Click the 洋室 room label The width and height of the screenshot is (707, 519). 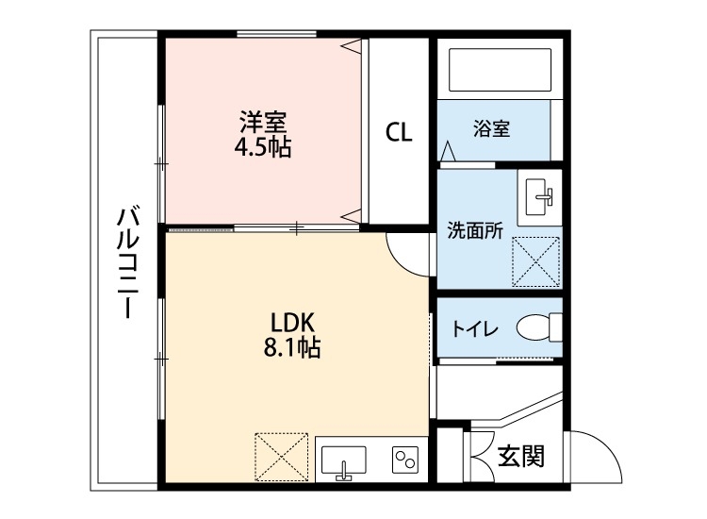click(x=263, y=122)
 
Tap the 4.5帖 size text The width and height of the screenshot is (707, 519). click(x=263, y=146)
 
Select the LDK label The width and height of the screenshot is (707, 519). click(x=291, y=323)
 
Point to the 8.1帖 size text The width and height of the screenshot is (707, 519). click(x=291, y=347)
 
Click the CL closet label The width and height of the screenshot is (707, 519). click(x=399, y=132)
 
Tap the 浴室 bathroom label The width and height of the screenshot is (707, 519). click(x=491, y=128)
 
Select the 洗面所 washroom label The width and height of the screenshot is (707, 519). click(x=475, y=230)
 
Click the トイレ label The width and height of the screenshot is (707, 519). click(x=475, y=328)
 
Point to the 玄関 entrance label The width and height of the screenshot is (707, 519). click(x=520, y=456)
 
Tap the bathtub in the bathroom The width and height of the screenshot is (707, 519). click(x=500, y=69)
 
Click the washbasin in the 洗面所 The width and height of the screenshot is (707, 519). click(x=539, y=197)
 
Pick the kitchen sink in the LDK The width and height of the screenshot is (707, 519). click(x=343, y=462)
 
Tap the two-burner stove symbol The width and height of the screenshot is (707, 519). click(x=405, y=460)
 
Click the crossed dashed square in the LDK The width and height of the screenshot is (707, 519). click(x=281, y=457)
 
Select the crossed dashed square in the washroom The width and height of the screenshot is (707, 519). click(x=535, y=261)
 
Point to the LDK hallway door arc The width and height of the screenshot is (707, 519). click(x=402, y=261)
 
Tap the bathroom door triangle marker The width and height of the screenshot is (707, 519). click(x=447, y=151)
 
